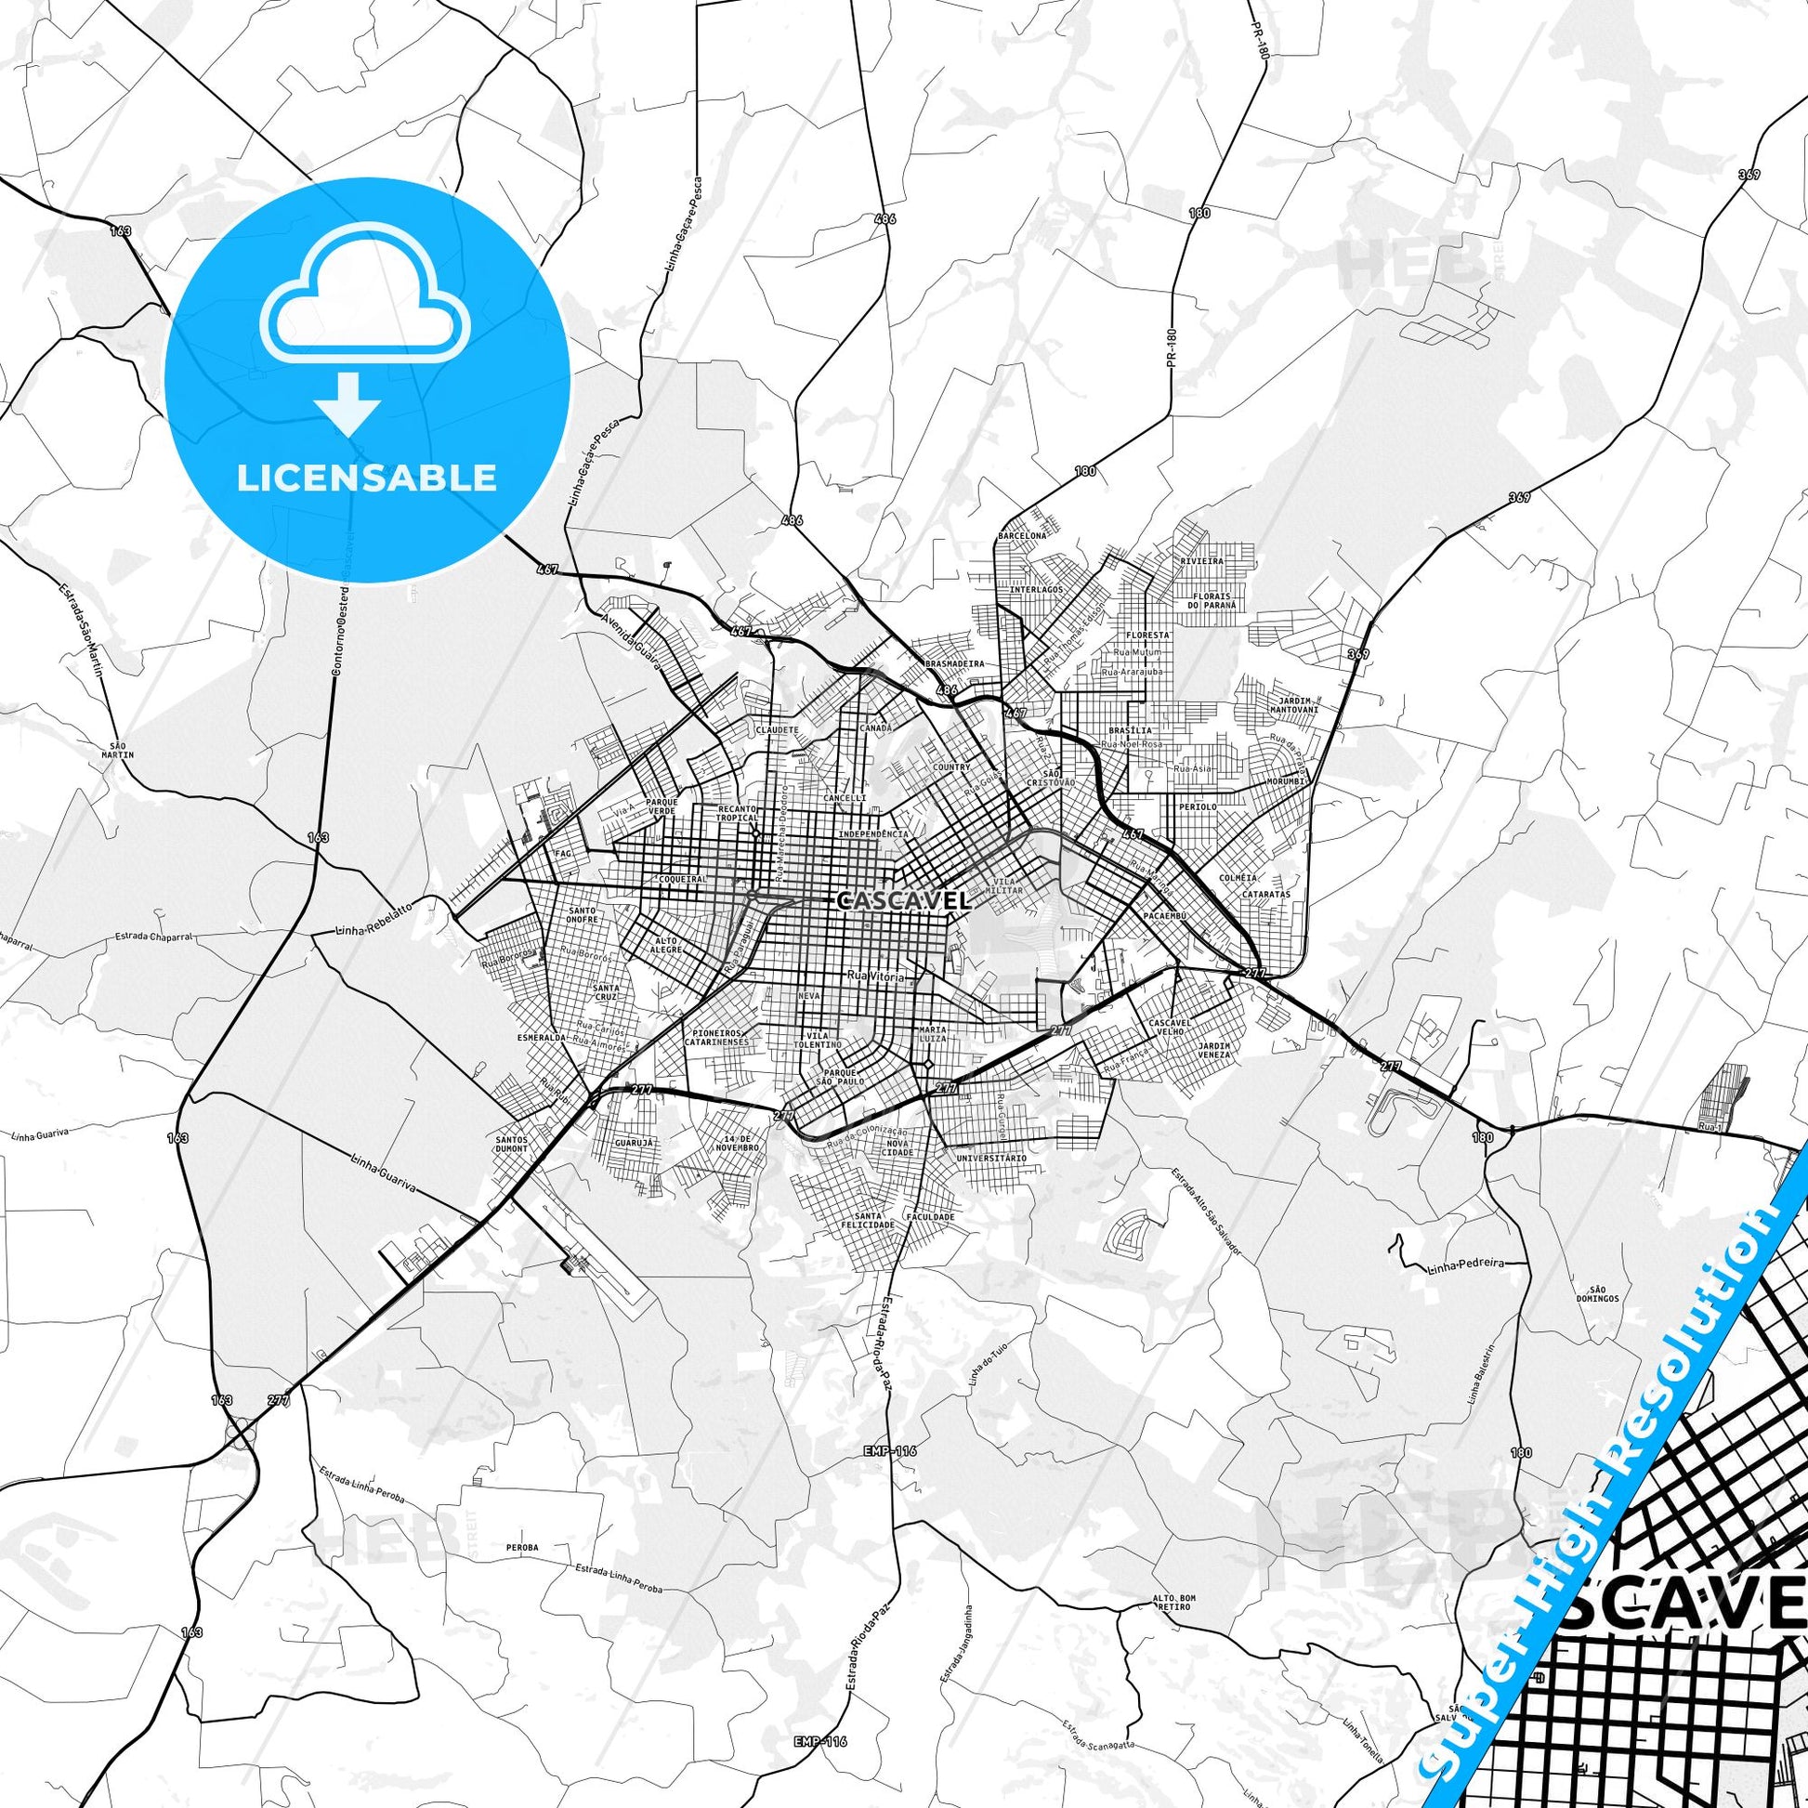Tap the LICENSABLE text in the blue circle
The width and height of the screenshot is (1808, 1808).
coord(366,478)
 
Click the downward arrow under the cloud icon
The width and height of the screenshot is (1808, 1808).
coord(347,403)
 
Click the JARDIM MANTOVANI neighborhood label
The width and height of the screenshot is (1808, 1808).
coord(1293,704)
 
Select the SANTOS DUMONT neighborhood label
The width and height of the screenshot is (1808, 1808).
coord(513,1145)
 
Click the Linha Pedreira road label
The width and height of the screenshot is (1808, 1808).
coord(1465,1264)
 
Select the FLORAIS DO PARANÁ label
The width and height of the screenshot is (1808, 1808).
coord(1212,601)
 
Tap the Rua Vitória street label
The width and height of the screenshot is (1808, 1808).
coord(875,976)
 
